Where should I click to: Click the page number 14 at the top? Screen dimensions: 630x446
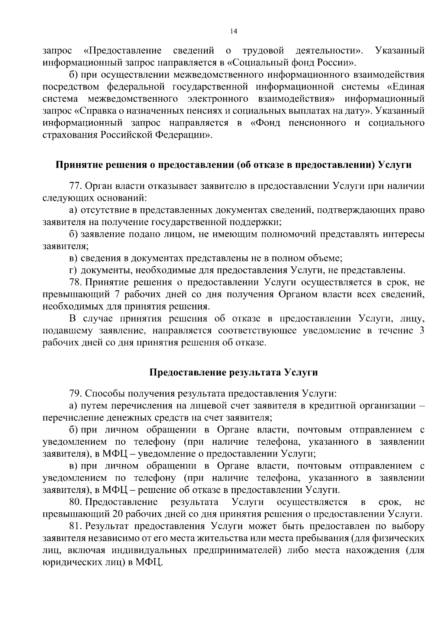[x=233, y=32]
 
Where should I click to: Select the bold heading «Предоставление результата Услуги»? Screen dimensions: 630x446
[x=233, y=372]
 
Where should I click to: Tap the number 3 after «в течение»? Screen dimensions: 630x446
[x=421, y=331]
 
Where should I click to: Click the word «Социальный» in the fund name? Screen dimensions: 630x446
[x=259, y=62]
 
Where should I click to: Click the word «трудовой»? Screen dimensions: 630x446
[x=263, y=50]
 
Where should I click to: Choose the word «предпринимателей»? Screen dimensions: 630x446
[x=236, y=551]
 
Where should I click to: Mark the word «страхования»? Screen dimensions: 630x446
[x=70, y=135]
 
